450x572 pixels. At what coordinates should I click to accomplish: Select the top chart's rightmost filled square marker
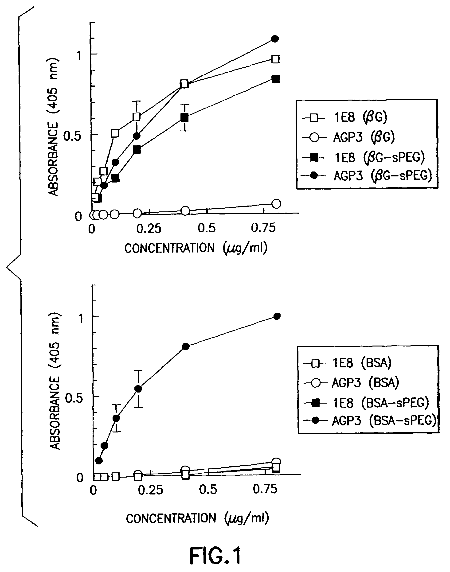[275, 79]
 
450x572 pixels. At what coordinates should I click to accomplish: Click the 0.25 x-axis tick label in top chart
[149, 229]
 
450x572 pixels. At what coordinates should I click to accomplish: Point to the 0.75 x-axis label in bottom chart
[265, 489]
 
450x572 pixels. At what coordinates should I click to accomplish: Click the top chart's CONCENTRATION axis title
[196, 248]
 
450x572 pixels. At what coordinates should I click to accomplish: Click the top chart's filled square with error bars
[185, 117]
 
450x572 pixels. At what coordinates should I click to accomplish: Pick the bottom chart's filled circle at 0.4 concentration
[186, 346]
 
